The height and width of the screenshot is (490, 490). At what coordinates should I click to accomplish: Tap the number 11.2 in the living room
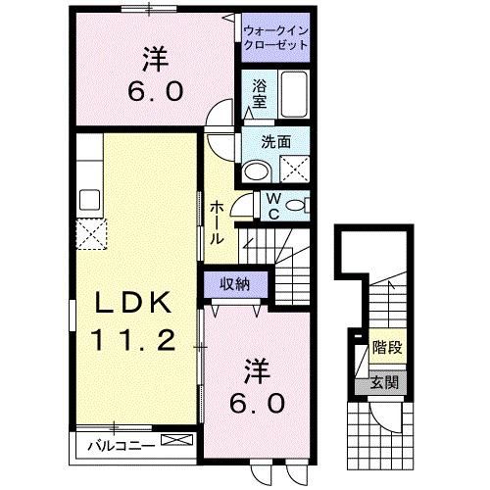tap(135, 341)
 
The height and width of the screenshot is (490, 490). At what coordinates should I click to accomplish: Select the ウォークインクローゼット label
tap(275, 37)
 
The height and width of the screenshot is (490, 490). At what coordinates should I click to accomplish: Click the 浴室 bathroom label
tap(260, 93)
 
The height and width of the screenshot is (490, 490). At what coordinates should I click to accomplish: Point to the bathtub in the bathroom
tap(291, 93)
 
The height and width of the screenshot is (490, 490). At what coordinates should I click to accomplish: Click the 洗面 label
tap(275, 142)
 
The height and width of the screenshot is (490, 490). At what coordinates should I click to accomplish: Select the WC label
tap(273, 208)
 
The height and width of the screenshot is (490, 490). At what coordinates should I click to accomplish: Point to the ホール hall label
tap(217, 221)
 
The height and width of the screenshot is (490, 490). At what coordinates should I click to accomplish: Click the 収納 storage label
tap(233, 283)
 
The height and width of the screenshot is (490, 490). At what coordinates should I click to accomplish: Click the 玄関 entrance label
tap(384, 383)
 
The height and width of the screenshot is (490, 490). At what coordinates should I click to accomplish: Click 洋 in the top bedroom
tap(153, 59)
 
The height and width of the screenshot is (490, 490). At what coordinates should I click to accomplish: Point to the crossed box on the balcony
tap(177, 442)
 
